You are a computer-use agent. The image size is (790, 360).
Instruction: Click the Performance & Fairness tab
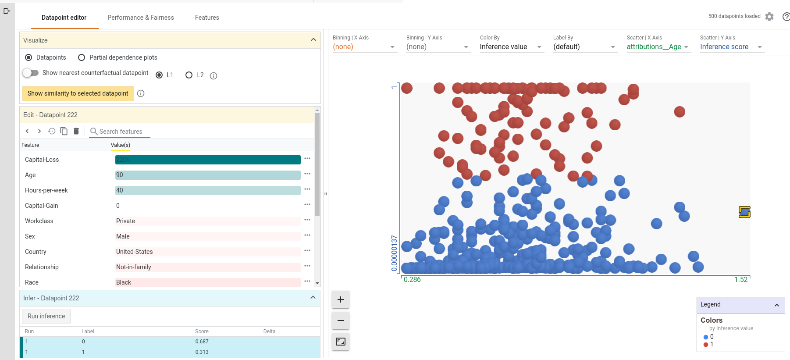click(140, 18)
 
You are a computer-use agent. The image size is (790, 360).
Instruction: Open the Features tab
click(207, 18)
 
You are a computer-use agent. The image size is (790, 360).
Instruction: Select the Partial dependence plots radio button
click(82, 57)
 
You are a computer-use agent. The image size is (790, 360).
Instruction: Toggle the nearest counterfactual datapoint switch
click(31, 73)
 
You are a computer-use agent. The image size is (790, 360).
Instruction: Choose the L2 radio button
click(189, 75)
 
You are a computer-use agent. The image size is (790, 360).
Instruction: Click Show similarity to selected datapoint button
click(78, 93)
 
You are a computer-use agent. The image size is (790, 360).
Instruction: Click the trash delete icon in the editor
click(76, 131)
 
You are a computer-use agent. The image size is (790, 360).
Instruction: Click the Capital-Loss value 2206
click(123, 160)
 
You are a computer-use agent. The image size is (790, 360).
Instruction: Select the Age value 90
click(120, 175)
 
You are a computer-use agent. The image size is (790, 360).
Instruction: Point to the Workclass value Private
click(126, 221)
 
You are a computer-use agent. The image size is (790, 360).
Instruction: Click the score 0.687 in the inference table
click(202, 342)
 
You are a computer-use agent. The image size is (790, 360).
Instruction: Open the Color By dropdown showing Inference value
click(511, 47)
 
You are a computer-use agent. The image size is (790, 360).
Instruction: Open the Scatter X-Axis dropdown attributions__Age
click(658, 47)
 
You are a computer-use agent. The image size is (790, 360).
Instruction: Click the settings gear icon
click(769, 17)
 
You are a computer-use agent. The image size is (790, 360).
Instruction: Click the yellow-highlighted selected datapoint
click(744, 212)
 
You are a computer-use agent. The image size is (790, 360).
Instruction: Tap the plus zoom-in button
click(341, 299)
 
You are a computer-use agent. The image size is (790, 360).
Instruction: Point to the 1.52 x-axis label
click(741, 280)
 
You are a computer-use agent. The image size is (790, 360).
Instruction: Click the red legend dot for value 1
click(706, 345)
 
